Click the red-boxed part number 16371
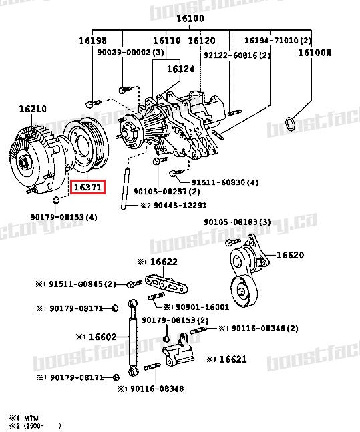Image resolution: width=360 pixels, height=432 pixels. pyautogui.click(x=88, y=188)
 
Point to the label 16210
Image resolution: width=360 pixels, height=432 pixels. pyautogui.click(x=33, y=108)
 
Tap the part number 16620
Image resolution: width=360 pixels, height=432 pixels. pyautogui.click(x=290, y=254)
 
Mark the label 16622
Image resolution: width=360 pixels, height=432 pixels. pyautogui.click(x=162, y=262)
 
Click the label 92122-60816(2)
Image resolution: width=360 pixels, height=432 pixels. pyautogui.click(x=237, y=55)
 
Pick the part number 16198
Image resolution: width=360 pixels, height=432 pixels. pyautogui.click(x=92, y=41)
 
